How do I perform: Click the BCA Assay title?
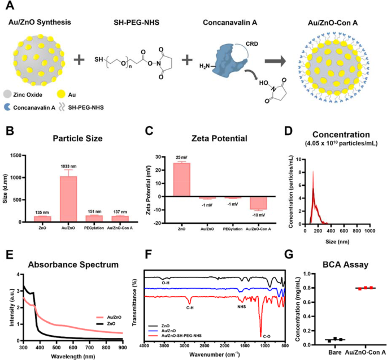(x=346, y=262)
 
